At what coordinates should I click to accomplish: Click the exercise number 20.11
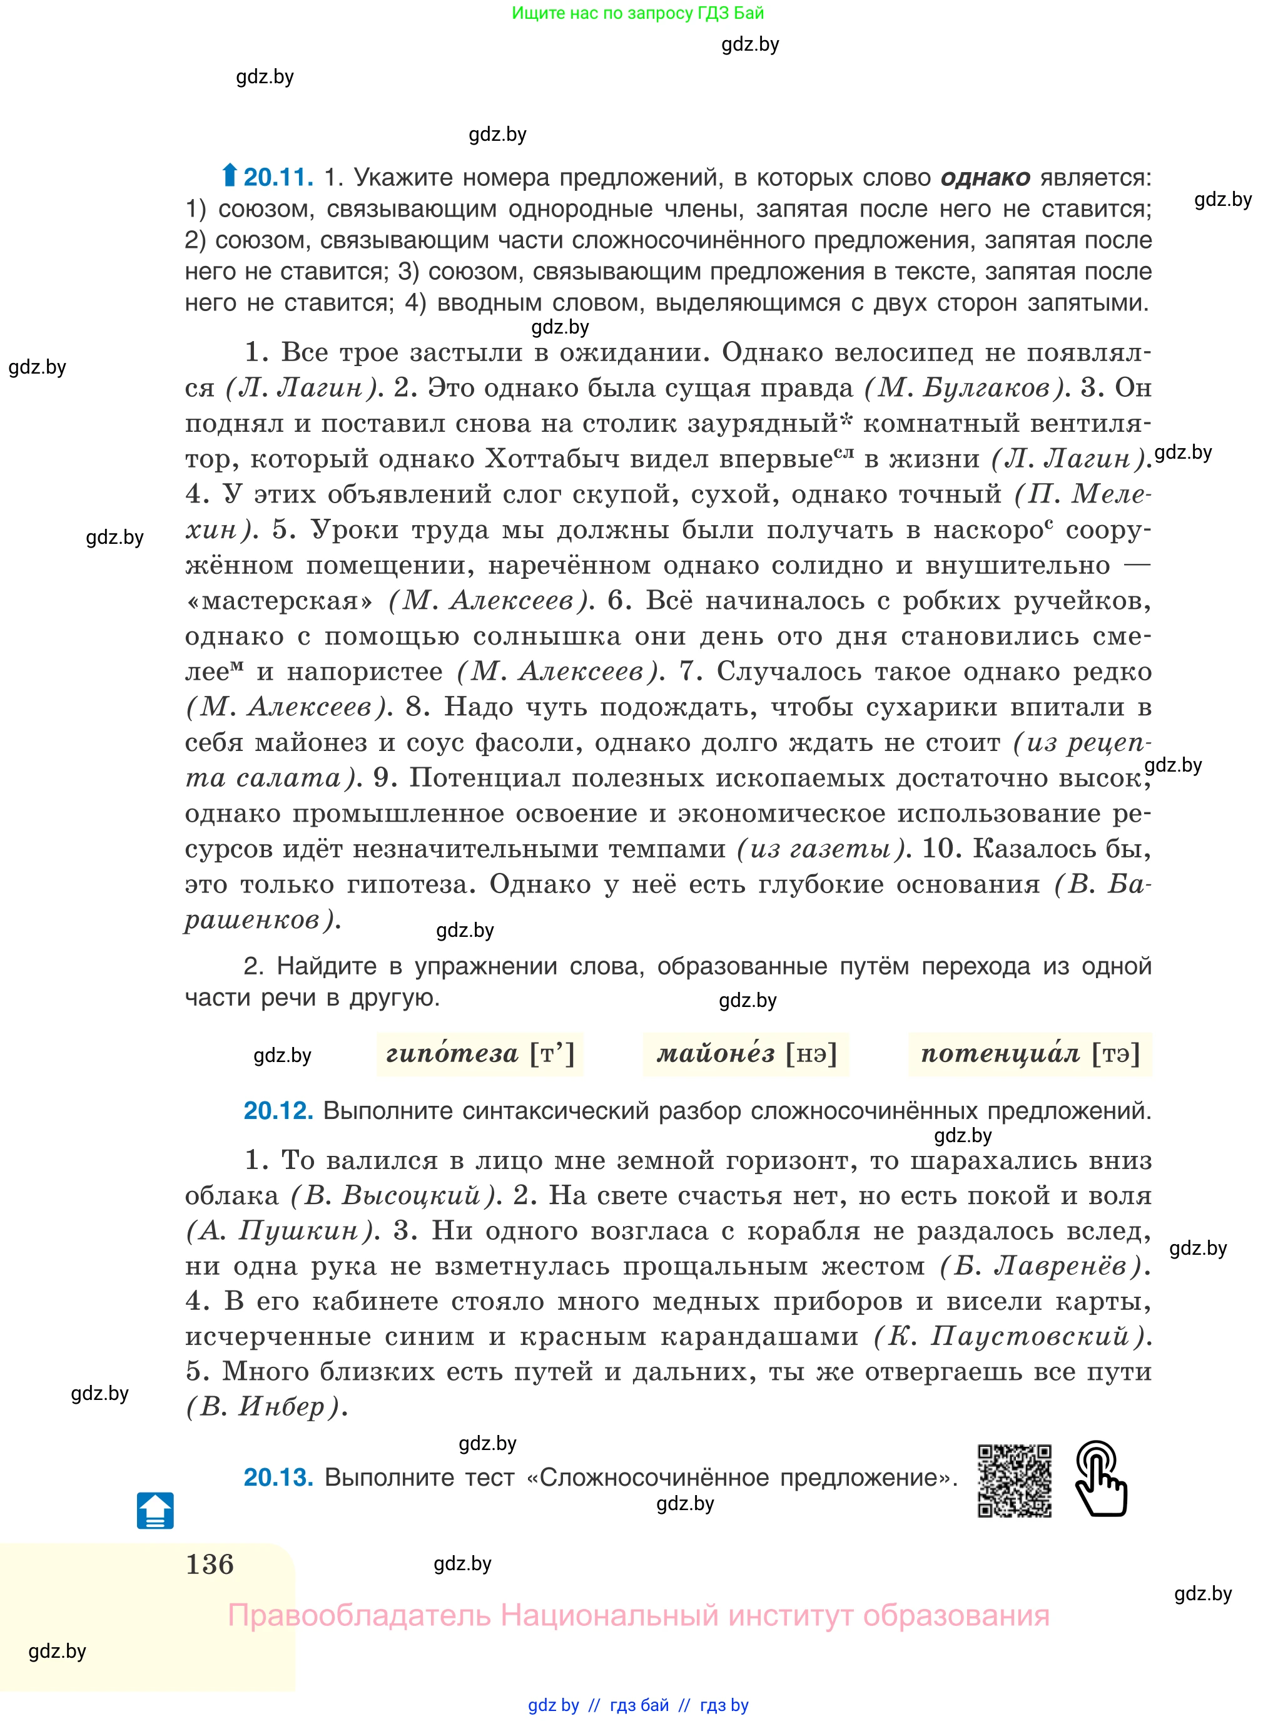pyautogui.click(x=278, y=178)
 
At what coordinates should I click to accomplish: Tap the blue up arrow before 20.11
pyautogui.click(x=229, y=176)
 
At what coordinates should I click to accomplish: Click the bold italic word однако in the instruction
pyautogui.click(x=985, y=178)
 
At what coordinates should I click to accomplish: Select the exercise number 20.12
pyautogui.click(x=278, y=1110)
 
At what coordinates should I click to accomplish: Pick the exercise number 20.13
pyautogui.click(x=278, y=1477)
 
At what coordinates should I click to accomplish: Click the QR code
pyautogui.click(x=1014, y=1480)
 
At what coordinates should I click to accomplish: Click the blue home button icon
pyautogui.click(x=156, y=1511)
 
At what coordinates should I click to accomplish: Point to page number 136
pyautogui.click(x=210, y=1565)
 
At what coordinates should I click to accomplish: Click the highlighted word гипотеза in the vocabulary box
pyautogui.click(x=452, y=1054)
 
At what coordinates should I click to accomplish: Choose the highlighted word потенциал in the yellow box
pyautogui.click(x=1000, y=1054)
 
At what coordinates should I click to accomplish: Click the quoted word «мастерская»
pyautogui.click(x=280, y=601)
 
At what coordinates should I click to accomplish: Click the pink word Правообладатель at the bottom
pyautogui.click(x=359, y=1616)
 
